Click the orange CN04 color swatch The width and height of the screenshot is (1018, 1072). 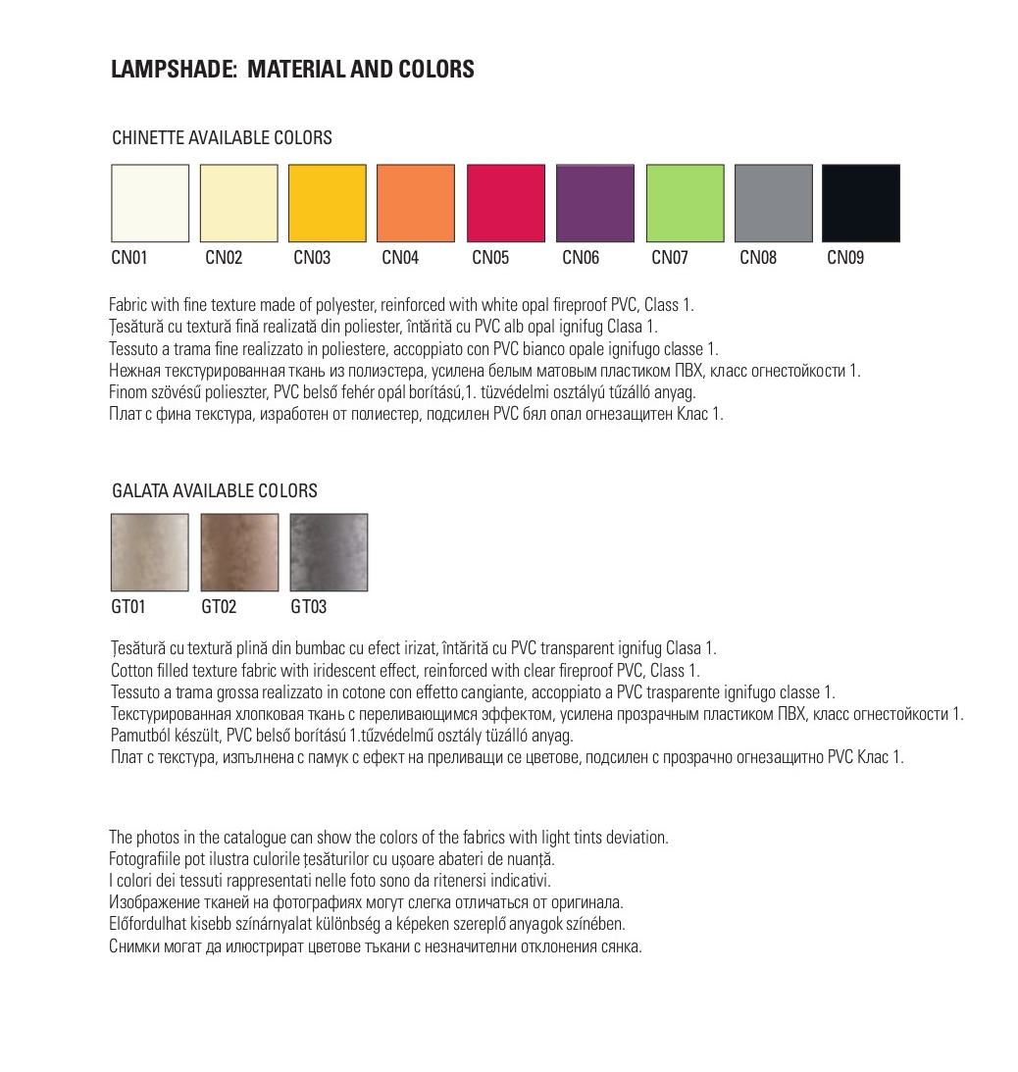point(416,203)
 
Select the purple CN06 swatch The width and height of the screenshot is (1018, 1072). point(594,203)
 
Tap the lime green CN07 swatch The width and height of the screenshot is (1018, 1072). point(685,203)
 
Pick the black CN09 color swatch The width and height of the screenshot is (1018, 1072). point(860,203)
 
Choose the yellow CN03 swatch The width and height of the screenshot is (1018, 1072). point(327,203)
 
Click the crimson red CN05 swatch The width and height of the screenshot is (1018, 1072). point(505,203)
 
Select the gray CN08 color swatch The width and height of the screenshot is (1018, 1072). point(774,203)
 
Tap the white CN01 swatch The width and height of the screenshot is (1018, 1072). point(150,203)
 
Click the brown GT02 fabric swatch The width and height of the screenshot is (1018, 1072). point(238,552)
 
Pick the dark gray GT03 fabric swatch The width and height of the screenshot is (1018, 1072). point(329,552)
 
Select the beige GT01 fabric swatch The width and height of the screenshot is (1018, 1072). point(150,552)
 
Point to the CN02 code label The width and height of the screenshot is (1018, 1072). point(224,258)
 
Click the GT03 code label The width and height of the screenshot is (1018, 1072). point(309,607)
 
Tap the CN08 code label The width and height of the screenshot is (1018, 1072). point(758,258)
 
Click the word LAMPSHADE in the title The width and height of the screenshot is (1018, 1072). point(172,70)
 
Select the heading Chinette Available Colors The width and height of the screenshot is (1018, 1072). point(222,138)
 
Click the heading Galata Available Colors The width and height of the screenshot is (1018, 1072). point(215,490)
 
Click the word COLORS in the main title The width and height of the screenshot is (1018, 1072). point(436,70)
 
